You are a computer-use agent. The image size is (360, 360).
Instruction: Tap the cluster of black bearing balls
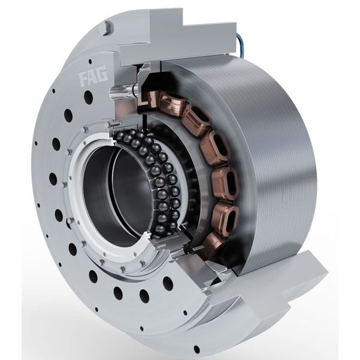[156, 180]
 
